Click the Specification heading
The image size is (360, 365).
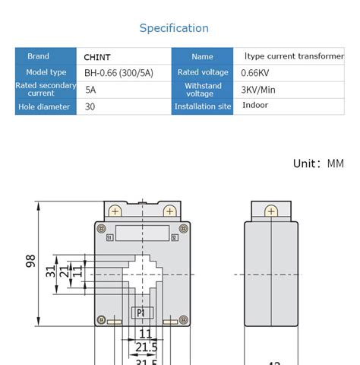pos(174,28)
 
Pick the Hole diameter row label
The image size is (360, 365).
pos(43,107)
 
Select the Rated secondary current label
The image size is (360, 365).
pos(43,90)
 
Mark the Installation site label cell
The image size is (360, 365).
pos(202,107)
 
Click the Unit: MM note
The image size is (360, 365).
pos(318,163)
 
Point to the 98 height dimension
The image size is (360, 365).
pos(31,261)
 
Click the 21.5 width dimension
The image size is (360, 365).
pos(145,347)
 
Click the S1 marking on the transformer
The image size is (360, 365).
pos(109,238)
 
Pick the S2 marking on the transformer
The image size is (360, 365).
pos(174,238)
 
